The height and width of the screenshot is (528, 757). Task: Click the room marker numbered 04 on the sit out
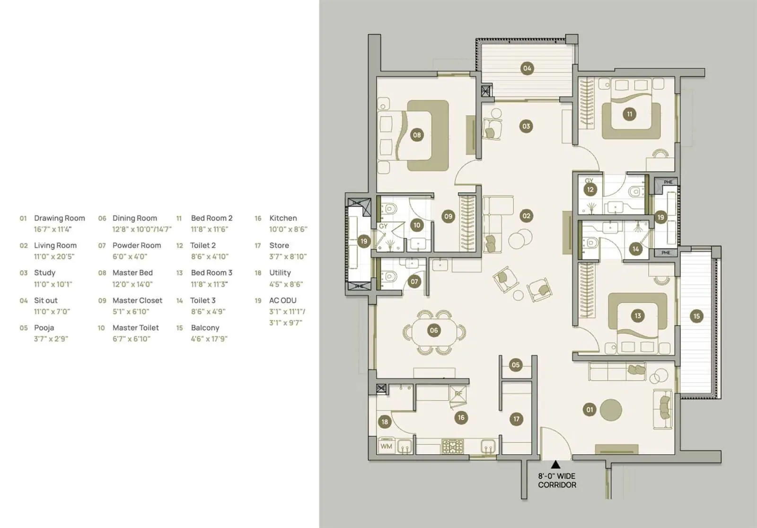[527, 68]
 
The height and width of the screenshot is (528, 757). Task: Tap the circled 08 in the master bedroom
[417, 135]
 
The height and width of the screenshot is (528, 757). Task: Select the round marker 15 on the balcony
[696, 316]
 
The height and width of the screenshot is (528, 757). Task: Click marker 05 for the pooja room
[516, 365]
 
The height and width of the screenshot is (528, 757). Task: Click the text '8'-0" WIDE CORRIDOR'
[557, 481]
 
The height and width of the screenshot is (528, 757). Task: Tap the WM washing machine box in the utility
[386, 446]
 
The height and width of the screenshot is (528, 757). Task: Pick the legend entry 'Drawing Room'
[59, 218]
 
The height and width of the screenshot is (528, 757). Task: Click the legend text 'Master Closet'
[137, 300]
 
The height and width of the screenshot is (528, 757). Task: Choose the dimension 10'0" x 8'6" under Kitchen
[288, 229]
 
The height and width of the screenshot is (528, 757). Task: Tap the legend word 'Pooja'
[44, 328]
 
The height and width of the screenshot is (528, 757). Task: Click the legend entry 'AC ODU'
[282, 300]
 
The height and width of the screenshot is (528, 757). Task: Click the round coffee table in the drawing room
[611, 410]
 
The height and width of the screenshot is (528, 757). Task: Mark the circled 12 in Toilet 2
[590, 190]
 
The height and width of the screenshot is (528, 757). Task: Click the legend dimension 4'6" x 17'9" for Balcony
[209, 339]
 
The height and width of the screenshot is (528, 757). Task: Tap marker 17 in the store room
[516, 419]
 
